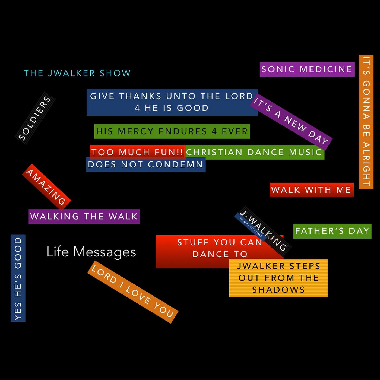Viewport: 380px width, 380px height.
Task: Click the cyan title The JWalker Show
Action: [77, 73]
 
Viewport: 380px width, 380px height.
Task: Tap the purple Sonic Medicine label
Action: [307, 69]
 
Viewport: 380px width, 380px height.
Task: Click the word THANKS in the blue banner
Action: [140, 96]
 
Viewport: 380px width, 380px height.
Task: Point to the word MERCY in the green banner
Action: [136, 132]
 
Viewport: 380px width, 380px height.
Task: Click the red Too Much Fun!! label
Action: [137, 152]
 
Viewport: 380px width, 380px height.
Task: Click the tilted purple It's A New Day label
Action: [291, 122]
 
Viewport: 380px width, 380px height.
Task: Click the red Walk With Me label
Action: [311, 190]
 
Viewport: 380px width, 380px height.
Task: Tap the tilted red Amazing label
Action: [46, 187]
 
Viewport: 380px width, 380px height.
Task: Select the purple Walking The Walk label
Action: [84, 217]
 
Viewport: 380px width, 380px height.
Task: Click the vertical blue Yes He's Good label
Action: [18, 278]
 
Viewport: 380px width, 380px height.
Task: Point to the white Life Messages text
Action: [91, 252]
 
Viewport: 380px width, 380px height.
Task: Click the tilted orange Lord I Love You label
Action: [133, 292]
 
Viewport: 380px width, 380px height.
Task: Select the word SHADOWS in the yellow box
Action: [278, 290]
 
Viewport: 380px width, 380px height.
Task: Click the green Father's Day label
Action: [332, 231]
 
